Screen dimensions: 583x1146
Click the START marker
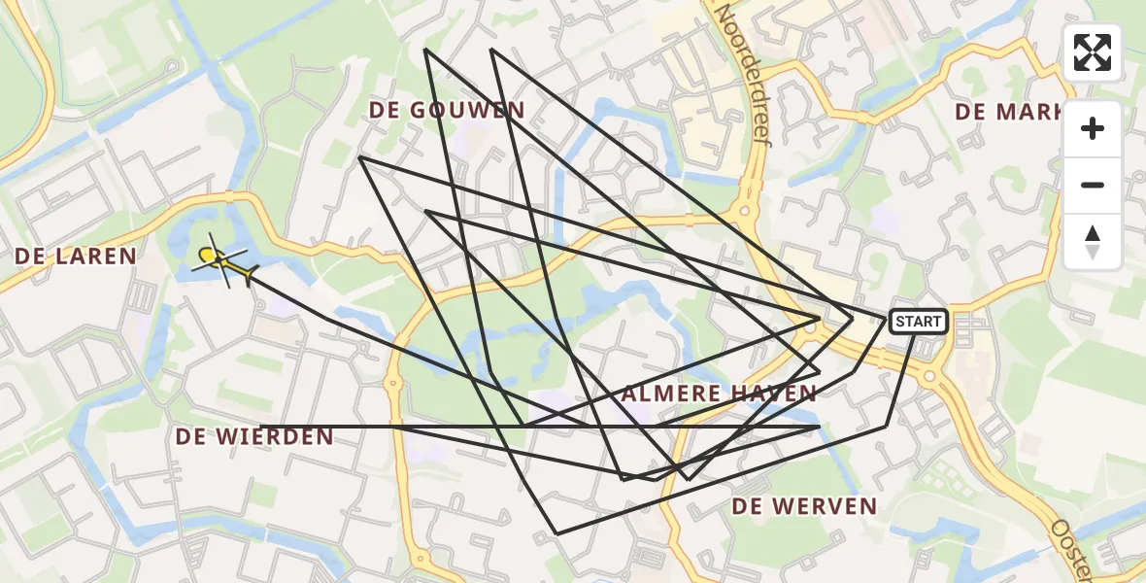(x=918, y=322)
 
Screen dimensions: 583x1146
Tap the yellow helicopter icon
(x=221, y=260)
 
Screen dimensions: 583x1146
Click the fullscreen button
(x=1093, y=52)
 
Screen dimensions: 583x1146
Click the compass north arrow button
(x=1093, y=242)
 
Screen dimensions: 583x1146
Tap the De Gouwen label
(x=447, y=111)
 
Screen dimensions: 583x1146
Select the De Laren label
(x=76, y=257)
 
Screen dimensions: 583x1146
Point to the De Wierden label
(x=254, y=437)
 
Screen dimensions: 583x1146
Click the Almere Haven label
(x=719, y=394)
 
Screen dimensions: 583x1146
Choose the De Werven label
(x=804, y=506)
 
